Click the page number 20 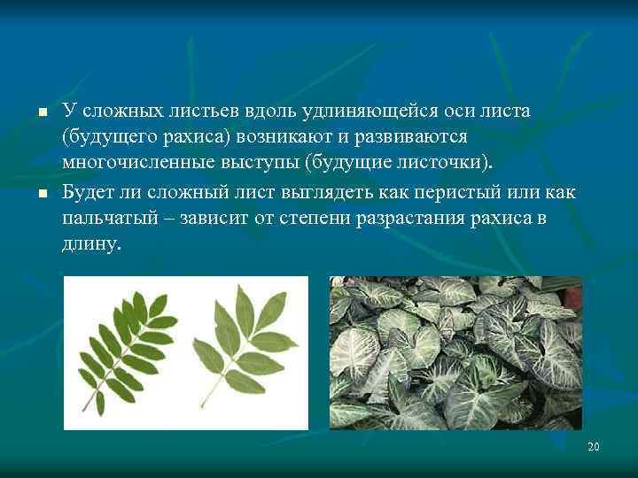(593, 447)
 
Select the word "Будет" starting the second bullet (88, 192)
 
